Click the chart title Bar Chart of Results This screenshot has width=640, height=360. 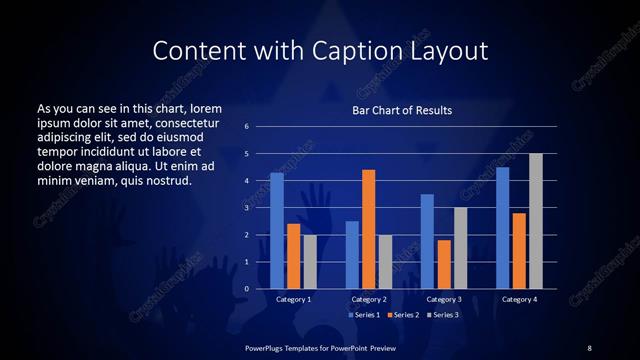[402, 110]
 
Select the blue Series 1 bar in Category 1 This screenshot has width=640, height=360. [277, 231]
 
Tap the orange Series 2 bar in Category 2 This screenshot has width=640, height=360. [368, 229]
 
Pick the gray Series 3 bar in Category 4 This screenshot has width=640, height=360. [536, 221]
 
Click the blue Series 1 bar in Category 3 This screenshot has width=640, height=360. [427, 241]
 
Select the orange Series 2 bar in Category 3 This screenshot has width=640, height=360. [443, 264]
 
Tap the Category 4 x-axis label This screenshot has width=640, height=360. [519, 299]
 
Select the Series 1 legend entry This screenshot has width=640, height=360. [364, 315]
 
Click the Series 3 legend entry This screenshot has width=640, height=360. [444, 315]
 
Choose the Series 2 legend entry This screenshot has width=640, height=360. [404, 315]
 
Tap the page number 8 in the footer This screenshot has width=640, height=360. [589, 347]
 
